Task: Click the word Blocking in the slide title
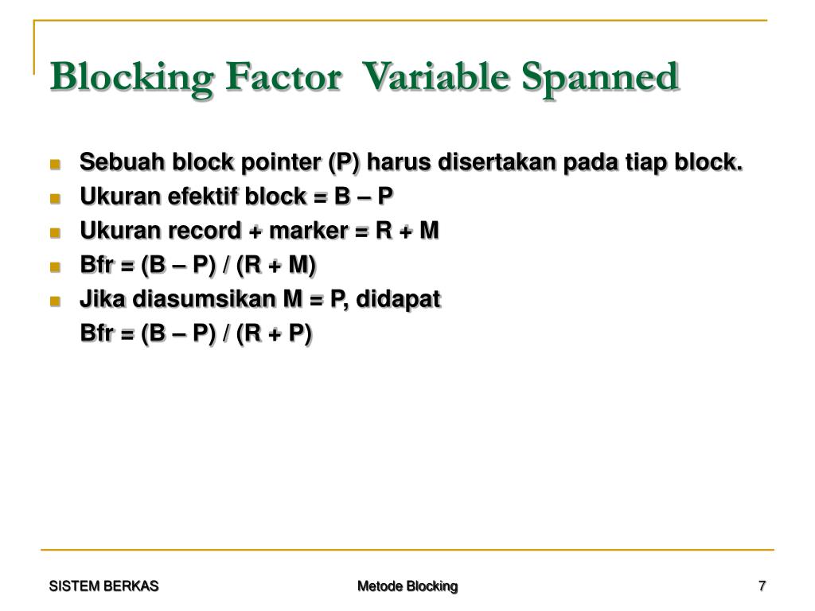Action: point(131,77)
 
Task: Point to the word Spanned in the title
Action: point(600,77)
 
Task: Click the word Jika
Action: point(103,299)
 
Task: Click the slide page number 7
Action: point(762,586)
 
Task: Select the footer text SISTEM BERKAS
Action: point(103,586)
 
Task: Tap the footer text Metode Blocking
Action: point(407,586)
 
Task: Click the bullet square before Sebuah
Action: point(55,165)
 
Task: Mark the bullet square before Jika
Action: point(55,302)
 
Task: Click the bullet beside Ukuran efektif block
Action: point(55,199)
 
